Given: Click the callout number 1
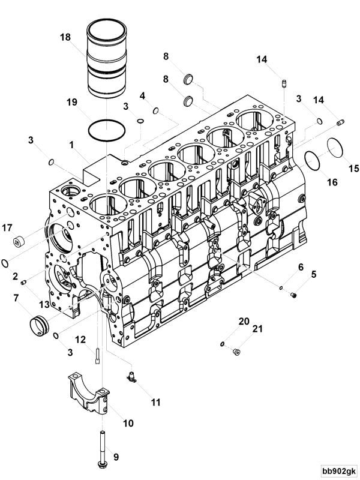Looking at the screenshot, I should [x=73, y=145].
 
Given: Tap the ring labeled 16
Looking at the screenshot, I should [x=312, y=160].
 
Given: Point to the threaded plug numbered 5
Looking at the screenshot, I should [x=294, y=295].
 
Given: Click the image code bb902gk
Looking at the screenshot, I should [x=338, y=471].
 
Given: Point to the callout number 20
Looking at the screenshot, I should [x=242, y=322].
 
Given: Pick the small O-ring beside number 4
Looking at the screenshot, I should [x=155, y=110].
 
